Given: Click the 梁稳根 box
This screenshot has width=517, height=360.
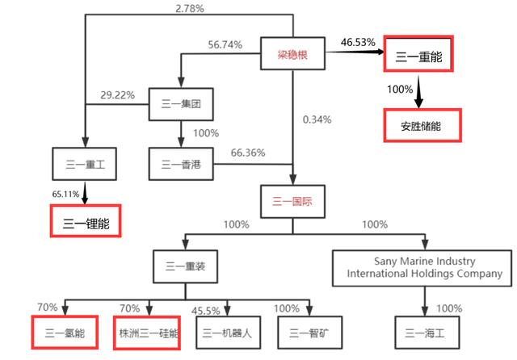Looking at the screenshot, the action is click(x=292, y=53).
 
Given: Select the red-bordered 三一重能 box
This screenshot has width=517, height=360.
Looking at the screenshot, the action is click(x=418, y=54).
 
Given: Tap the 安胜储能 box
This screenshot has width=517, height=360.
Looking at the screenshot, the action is click(x=422, y=125).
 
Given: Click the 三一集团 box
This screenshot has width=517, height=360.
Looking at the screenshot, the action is click(x=181, y=104).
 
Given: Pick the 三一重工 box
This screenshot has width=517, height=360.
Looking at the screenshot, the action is click(x=84, y=164).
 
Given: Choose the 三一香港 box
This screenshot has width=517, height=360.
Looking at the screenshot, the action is click(x=181, y=164).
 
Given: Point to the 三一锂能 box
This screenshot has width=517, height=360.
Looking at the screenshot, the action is click(x=86, y=220).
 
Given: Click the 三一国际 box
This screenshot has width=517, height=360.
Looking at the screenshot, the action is click(x=292, y=201).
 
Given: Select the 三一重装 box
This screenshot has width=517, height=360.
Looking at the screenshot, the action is click(x=185, y=266).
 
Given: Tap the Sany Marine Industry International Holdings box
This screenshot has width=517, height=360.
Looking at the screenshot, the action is click(x=422, y=268).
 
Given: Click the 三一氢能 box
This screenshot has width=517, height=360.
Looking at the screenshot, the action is click(x=65, y=333).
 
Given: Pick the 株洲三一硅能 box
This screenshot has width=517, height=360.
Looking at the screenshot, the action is click(x=147, y=333).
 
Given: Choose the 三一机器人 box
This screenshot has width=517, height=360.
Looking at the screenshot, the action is click(x=228, y=333).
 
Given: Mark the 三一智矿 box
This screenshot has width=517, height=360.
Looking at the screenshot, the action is click(x=310, y=333).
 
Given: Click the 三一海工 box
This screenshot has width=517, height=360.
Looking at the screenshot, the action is click(x=427, y=333).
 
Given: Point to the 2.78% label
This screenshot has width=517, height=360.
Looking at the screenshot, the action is click(x=190, y=8).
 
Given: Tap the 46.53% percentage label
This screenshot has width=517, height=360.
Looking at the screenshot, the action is click(x=358, y=42).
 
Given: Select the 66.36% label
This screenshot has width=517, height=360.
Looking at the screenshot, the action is click(x=248, y=153).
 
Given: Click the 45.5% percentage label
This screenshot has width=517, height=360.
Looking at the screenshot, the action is click(x=206, y=311).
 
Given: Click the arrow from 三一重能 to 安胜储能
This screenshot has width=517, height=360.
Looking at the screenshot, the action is click(x=418, y=92).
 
